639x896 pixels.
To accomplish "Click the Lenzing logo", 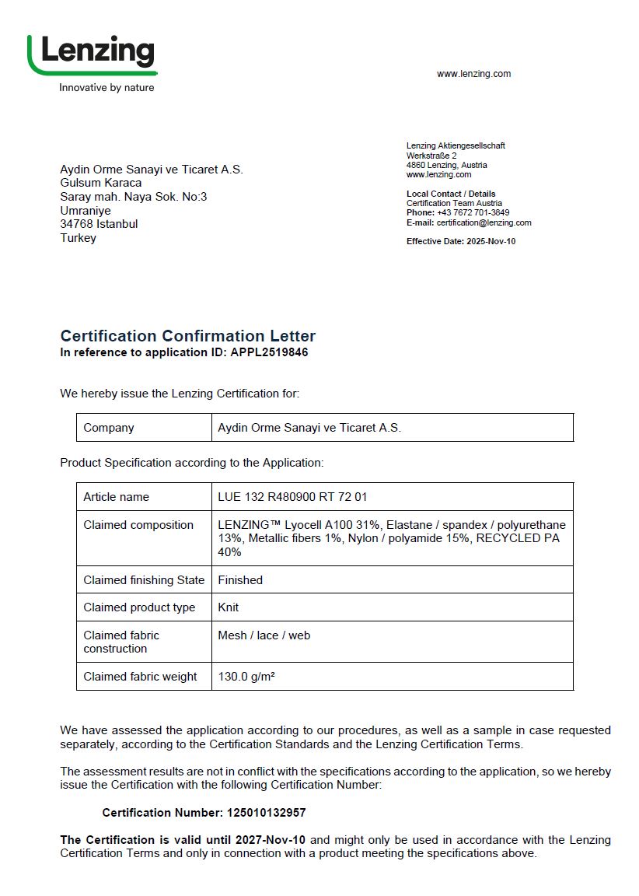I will coord(92,54).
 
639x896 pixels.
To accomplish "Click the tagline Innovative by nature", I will coord(106,88).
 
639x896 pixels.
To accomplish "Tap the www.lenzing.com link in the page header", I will coord(473,74).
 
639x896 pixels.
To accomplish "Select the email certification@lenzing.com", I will coord(484,222).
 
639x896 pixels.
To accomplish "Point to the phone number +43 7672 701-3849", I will coord(473,212).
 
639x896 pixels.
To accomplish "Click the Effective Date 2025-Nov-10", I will coord(491,241).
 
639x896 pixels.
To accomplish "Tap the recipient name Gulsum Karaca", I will coord(101,183).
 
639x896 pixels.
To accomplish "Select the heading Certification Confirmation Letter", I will coord(188,336).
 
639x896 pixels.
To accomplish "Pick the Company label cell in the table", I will coord(109,428).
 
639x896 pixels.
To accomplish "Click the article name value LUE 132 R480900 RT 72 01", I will coord(292,497).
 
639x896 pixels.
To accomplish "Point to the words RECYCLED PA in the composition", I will coord(518,538).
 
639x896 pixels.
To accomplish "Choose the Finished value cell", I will coord(240,580).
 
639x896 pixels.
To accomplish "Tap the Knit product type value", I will coord(229,607).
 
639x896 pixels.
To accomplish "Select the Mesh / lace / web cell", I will coord(264,635).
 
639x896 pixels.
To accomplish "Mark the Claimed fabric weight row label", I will coord(141,677).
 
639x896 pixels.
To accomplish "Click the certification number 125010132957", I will coord(266,813).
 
